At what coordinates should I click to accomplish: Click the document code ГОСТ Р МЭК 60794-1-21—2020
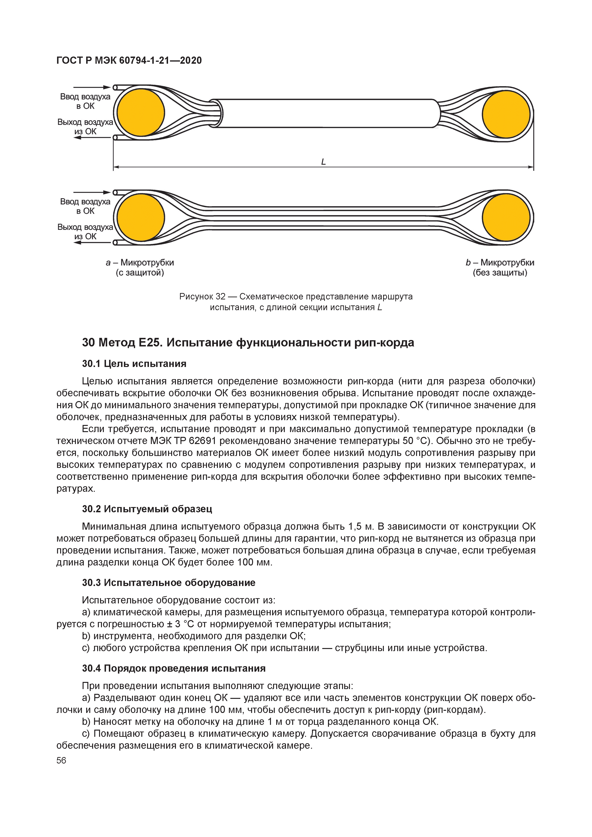click(129, 61)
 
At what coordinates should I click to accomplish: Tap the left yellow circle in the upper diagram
click(141, 113)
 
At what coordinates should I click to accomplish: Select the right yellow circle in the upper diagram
click(506, 114)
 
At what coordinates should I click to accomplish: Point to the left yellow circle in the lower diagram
click(141, 218)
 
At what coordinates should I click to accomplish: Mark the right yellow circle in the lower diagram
click(506, 218)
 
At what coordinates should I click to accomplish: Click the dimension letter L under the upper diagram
click(323, 162)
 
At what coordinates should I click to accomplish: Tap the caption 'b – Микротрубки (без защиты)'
click(500, 267)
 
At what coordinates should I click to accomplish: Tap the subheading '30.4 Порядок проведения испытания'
click(174, 668)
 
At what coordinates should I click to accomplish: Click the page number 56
click(61, 760)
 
